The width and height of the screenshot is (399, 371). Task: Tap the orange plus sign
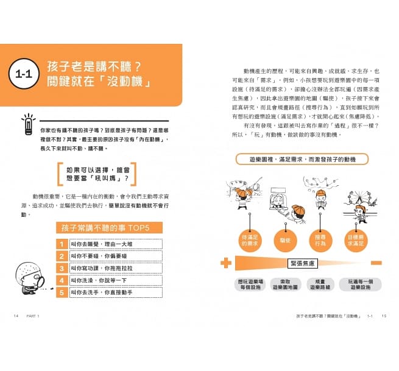coord(227,263)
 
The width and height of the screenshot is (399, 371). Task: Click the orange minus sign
coord(378,263)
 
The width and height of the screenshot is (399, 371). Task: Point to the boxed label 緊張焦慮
coord(303,263)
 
